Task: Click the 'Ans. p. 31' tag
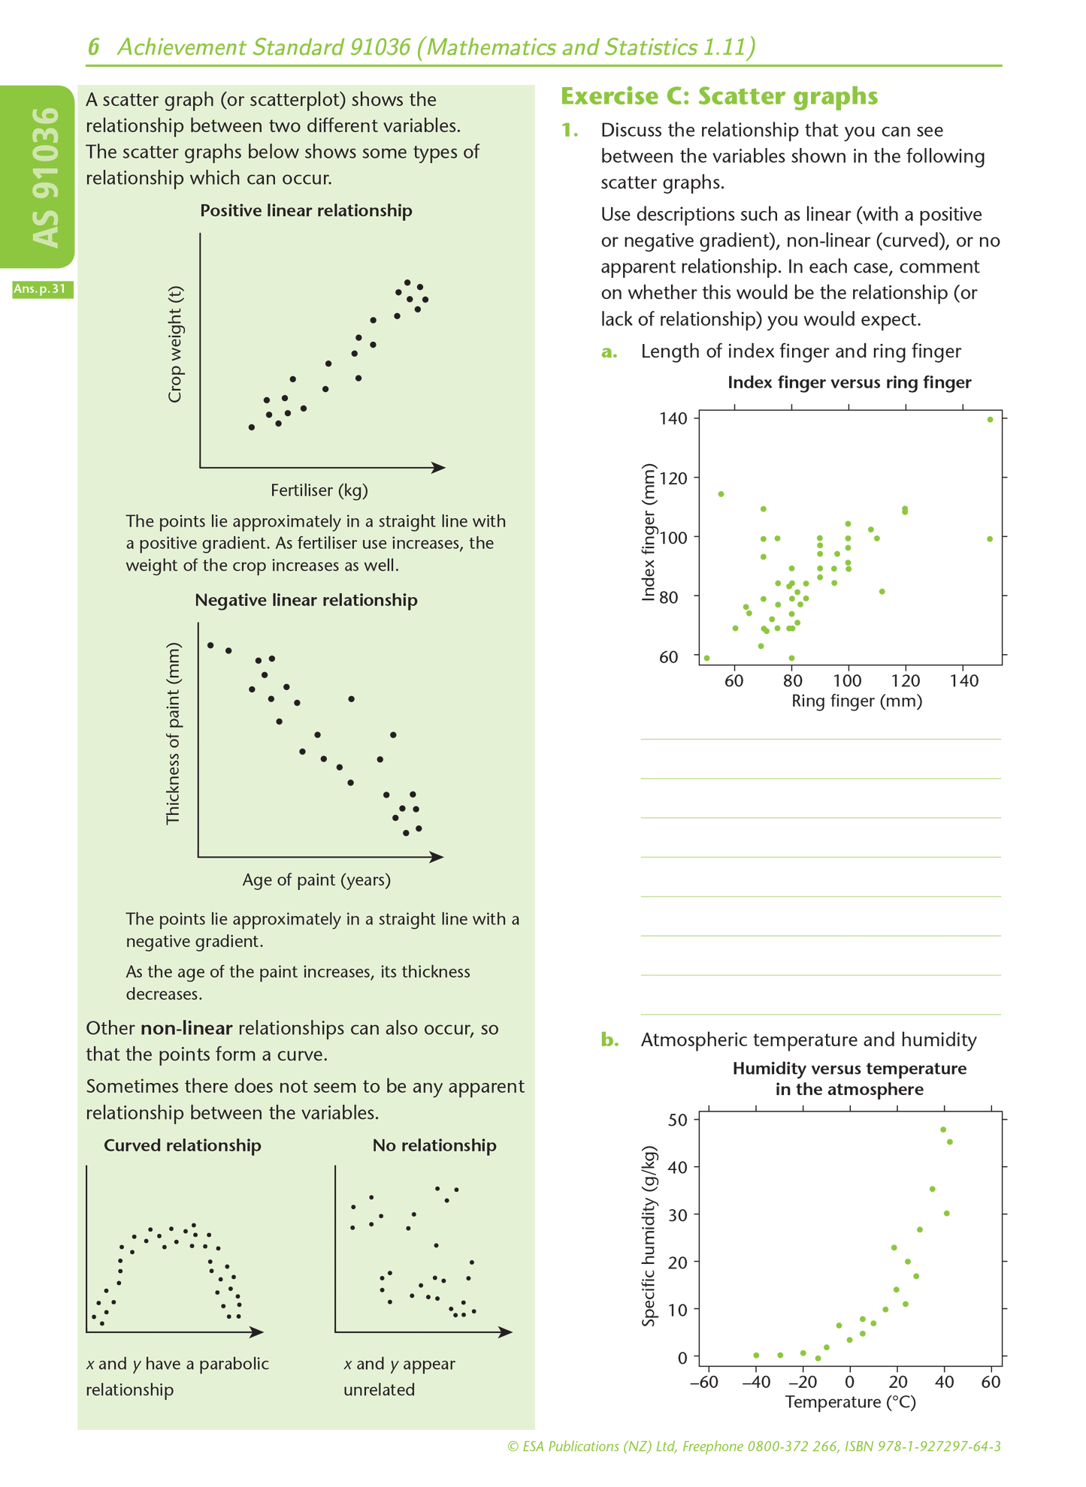coord(43,289)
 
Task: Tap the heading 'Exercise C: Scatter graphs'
coord(719,97)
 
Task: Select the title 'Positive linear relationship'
coord(306,211)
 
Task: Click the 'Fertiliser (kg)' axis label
coord(319,490)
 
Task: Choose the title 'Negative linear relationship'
coord(306,600)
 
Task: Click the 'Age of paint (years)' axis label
coord(316,879)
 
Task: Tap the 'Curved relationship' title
coord(183,1145)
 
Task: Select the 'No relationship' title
coord(434,1145)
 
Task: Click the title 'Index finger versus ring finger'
coord(849,383)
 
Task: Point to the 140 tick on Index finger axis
coord(675,418)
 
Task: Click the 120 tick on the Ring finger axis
coord(906,681)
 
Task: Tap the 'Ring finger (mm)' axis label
coord(857,701)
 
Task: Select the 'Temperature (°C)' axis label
coord(850,1402)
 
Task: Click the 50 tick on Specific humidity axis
coord(678,1120)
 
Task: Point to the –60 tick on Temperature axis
coord(704,1383)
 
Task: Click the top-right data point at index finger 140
coord(990,420)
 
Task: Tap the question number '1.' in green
coord(570,131)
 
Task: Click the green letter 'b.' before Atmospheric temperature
coord(610,1040)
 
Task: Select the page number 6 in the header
coord(94,48)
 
